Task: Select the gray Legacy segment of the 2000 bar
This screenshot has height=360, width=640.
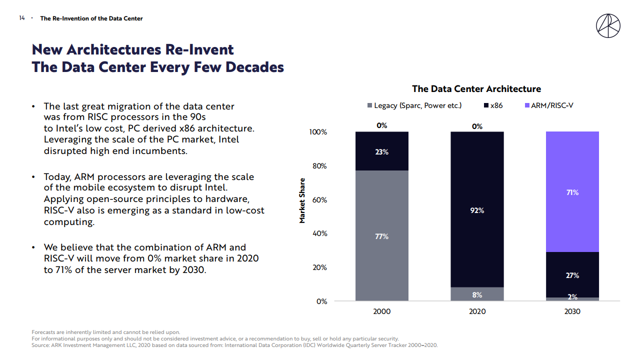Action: click(x=381, y=260)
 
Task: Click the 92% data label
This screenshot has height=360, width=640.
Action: click(x=477, y=210)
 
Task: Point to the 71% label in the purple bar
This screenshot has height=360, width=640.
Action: click(x=572, y=192)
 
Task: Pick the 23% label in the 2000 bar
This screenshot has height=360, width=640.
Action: click(x=381, y=152)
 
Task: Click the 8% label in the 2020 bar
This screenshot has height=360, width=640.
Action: click(x=477, y=295)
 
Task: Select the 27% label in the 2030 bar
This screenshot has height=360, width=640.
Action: click(x=572, y=275)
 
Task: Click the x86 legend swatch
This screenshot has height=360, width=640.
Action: click(x=486, y=105)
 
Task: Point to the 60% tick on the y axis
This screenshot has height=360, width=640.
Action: click(x=318, y=200)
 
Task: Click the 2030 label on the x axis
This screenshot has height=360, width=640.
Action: click(x=572, y=311)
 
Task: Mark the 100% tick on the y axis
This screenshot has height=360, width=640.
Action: click(x=318, y=132)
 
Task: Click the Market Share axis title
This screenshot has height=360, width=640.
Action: click(x=302, y=200)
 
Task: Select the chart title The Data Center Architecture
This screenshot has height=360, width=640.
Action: click(x=476, y=89)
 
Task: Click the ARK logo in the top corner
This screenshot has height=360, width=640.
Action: click(x=608, y=25)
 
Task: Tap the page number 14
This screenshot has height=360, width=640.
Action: click(x=22, y=18)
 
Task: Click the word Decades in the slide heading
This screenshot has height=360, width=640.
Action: click(x=254, y=67)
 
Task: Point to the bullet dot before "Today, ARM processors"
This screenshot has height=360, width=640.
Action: click(x=33, y=177)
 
